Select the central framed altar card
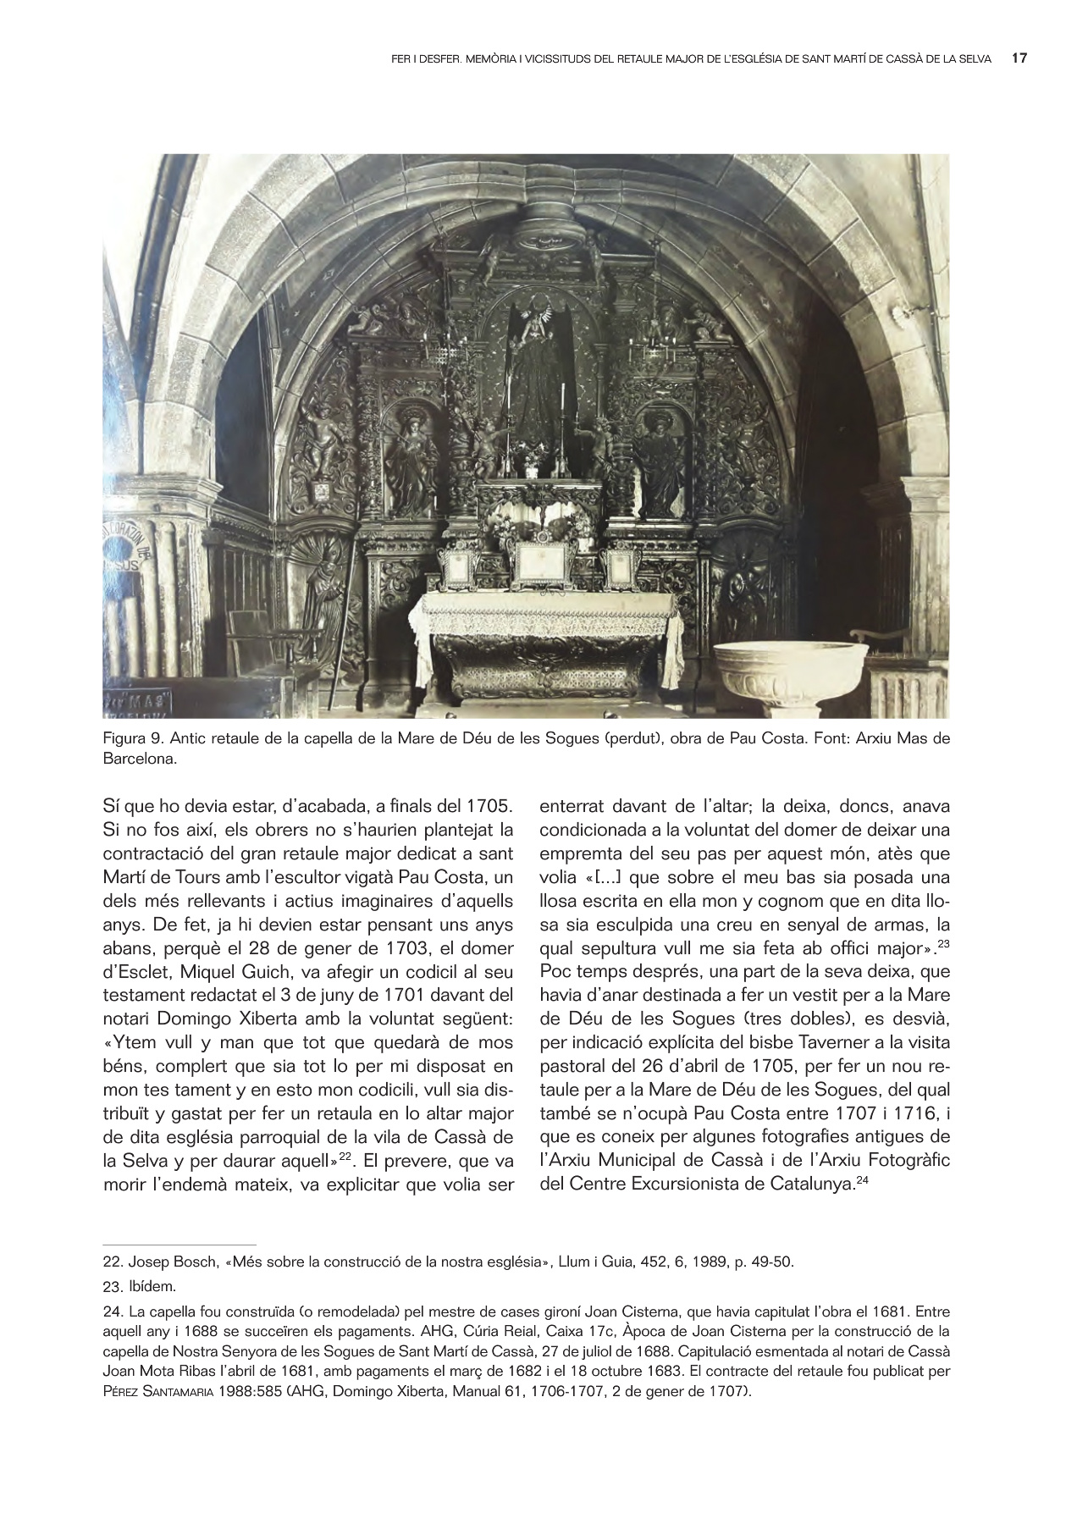(x=539, y=561)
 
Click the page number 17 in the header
(x=1019, y=58)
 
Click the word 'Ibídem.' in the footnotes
(x=153, y=1288)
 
